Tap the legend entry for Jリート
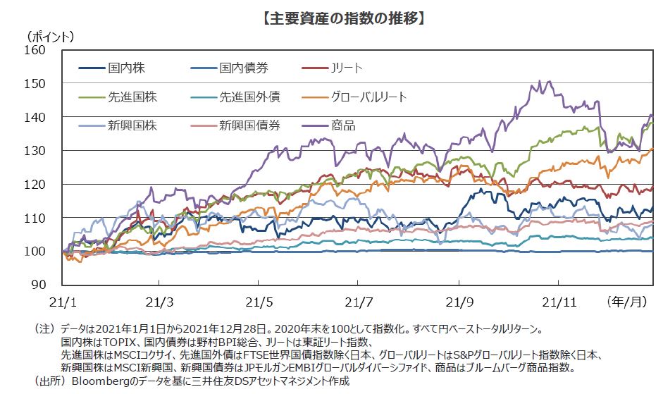(x=346, y=68)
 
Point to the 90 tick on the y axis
(x=39, y=285)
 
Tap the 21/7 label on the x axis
(x=359, y=302)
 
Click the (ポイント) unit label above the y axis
(x=50, y=35)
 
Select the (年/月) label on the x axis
(x=627, y=302)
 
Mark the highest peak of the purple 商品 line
(x=540, y=80)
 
